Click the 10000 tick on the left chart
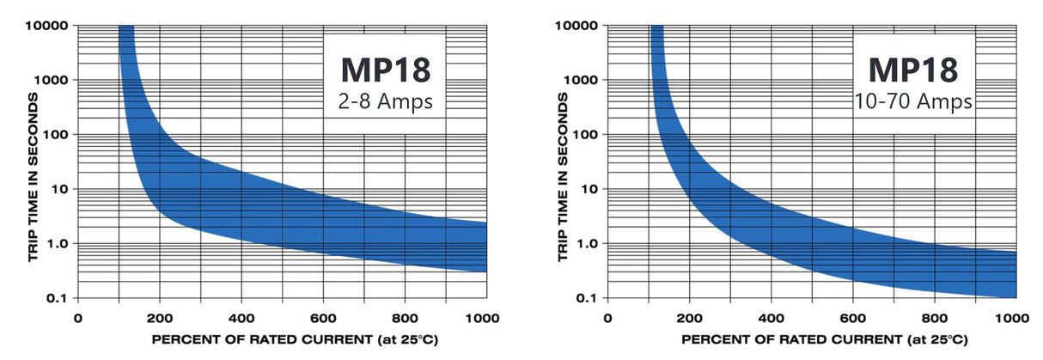click(x=47, y=25)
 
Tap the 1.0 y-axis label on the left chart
click(x=57, y=244)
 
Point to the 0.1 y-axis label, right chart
click(x=588, y=298)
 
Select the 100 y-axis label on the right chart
click(x=583, y=134)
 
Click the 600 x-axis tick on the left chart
click(x=323, y=318)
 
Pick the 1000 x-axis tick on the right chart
click(x=1016, y=318)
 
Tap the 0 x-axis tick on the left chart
click(x=78, y=318)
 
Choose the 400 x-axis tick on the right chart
click(x=771, y=318)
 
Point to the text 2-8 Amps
click(x=382, y=103)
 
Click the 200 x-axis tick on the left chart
click(x=160, y=318)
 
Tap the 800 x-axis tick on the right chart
click(x=934, y=318)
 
